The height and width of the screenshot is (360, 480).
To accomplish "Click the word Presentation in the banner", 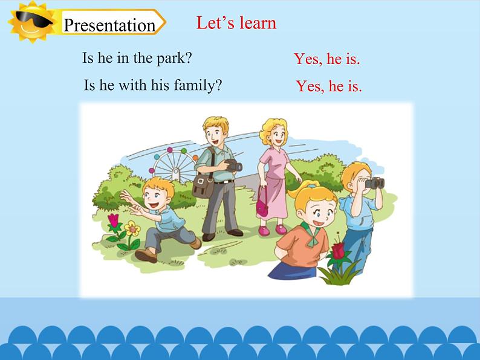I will point(109,25).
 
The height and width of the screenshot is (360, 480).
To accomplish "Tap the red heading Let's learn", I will point(236,23).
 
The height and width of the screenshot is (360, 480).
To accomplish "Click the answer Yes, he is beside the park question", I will point(326,59).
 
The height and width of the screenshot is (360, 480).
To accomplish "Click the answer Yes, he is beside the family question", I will point(329,86).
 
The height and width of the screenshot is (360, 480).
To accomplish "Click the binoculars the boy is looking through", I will point(374,182).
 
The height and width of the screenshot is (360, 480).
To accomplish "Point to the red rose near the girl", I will point(339,249).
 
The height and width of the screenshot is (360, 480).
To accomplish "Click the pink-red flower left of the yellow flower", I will point(114,220).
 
